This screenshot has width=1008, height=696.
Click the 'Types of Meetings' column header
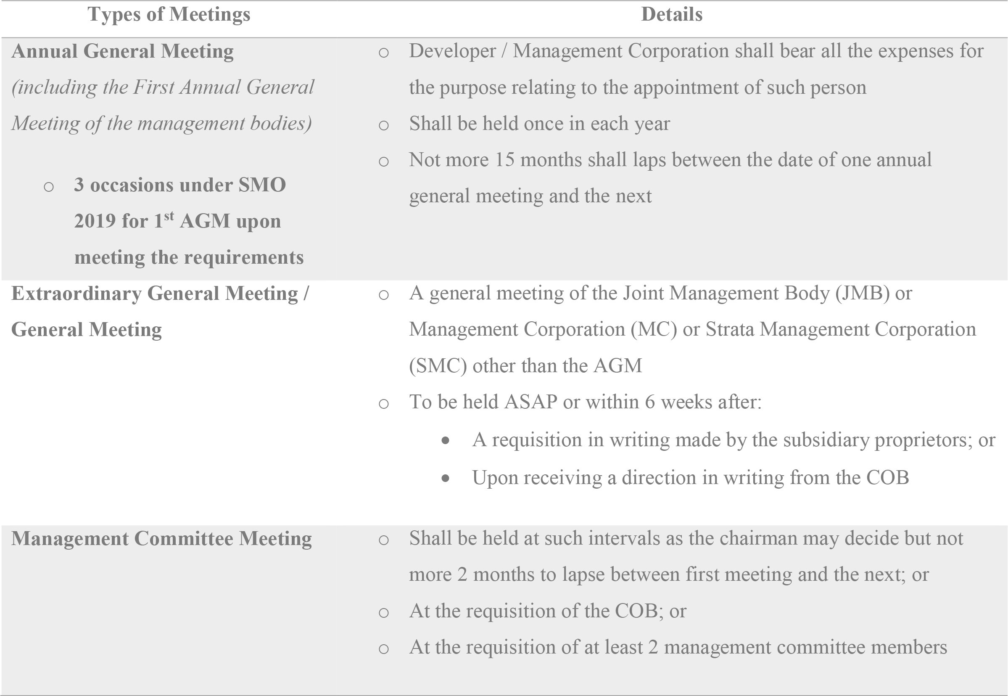pyautogui.click(x=169, y=14)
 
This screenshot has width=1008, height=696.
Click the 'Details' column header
pyautogui.click(x=672, y=14)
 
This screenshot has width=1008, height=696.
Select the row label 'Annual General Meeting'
pyautogui.click(x=122, y=51)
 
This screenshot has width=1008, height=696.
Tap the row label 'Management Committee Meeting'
pyautogui.click(x=161, y=538)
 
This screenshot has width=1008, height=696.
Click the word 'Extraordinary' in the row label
pyautogui.click(x=76, y=294)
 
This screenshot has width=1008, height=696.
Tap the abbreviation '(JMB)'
pyautogui.click(x=862, y=293)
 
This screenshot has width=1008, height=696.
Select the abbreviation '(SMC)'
pyautogui.click(x=438, y=365)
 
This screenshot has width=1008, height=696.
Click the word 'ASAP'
pyautogui.click(x=530, y=402)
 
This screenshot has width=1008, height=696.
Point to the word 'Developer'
pyautogui.click(x=452, y=51)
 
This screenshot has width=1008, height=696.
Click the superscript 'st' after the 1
pyautogui.click(x=169, y=215)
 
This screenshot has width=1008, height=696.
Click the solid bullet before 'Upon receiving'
pyautogui.click(x=445, y=479)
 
